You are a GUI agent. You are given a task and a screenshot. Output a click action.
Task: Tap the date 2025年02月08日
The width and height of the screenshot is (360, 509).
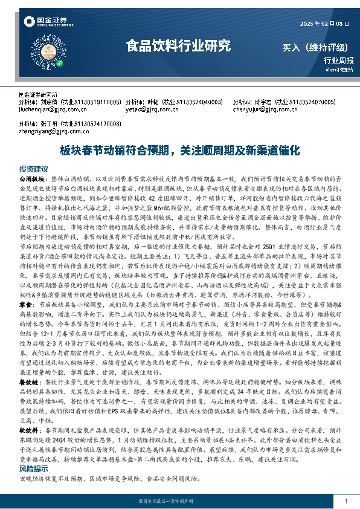[325, 24]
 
